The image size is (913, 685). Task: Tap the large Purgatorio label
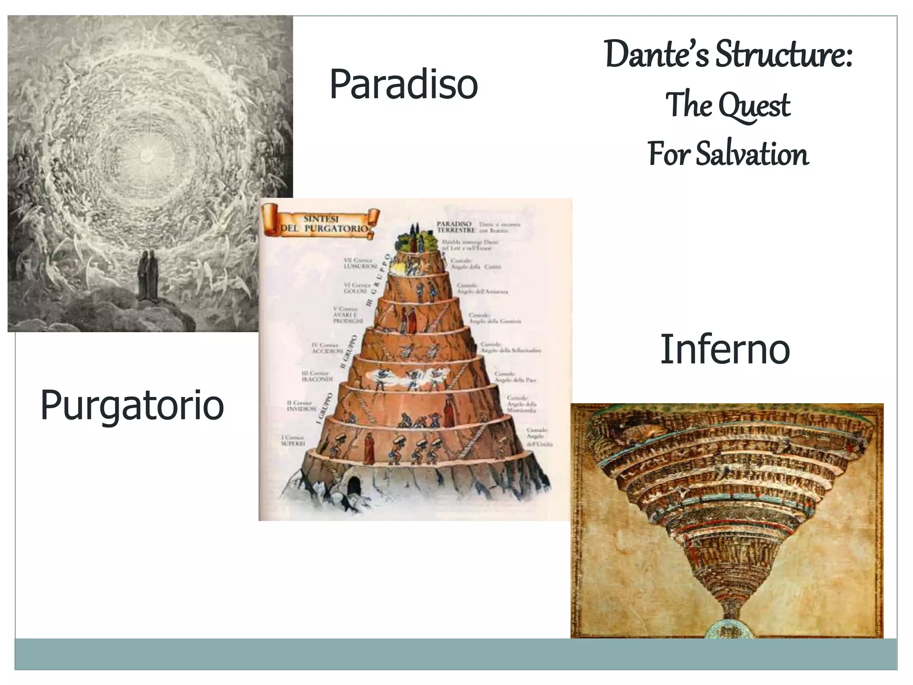coord(132,405)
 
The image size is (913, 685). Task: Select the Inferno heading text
coord(724,349)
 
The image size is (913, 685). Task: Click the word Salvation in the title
coord(752,154)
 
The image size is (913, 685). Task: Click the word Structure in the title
coord(784,55)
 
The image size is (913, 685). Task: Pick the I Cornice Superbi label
coord(293,441)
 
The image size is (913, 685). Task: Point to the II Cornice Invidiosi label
coord(301,406)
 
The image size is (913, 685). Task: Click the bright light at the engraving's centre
coord(146,156)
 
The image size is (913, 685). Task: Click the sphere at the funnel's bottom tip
coord(727,629)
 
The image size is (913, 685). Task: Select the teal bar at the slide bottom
coord(456,654)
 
